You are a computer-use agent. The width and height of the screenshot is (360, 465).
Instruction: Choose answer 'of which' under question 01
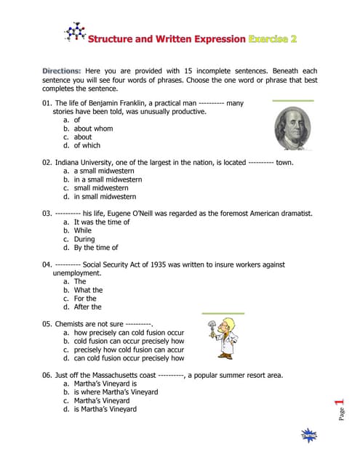point(87,145)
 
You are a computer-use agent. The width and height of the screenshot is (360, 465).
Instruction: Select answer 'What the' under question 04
point(88,290)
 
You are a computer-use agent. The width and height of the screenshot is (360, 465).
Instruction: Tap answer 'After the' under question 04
point(87,307)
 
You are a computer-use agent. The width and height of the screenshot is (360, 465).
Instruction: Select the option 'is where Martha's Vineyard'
point(116,392)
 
